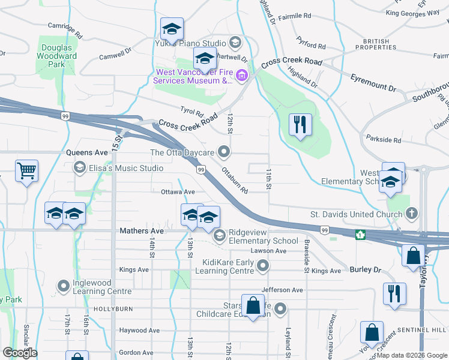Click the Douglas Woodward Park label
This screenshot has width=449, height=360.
pyautogui.click(x=59, y=56)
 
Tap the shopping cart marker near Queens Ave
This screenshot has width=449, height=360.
pyautogui.click(x=26, y=172)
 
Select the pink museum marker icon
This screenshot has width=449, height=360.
pyautogui.click(x=242, y=76)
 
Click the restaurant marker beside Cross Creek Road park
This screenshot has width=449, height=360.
pyautogui.click(x=298, y=125)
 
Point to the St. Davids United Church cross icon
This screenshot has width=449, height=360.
pyautogui.click(x=411, y=213)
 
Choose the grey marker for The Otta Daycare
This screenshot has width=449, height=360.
pyautogui.click(x=224, y=152)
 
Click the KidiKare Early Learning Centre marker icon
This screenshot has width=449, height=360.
pyautogui.click(x=262, y=265)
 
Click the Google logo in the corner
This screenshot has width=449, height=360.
pyautogui.click(x=20, y=353)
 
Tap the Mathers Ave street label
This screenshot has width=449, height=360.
pyautogui.click(x=141, y=230)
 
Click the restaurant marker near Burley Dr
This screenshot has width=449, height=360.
pyautogui.click(x=394, y=293)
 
